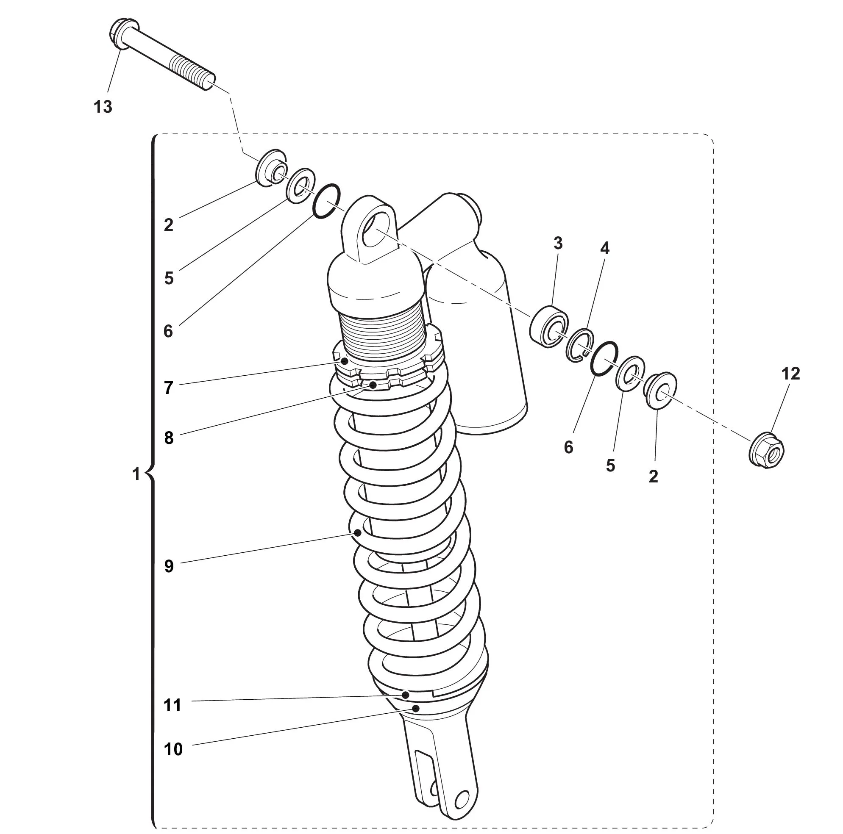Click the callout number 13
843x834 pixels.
point(103,107)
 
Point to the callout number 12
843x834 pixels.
point(790,374)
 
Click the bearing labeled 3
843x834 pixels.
point(549,327)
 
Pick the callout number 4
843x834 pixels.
point(604,248)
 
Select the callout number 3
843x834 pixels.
point(558,244)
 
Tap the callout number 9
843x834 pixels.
point(169,566)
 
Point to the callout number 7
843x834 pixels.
point(169,388)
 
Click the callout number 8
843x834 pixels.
point(169,438)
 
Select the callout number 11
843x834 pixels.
point(172,705)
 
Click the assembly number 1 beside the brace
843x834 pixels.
point(136,474)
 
